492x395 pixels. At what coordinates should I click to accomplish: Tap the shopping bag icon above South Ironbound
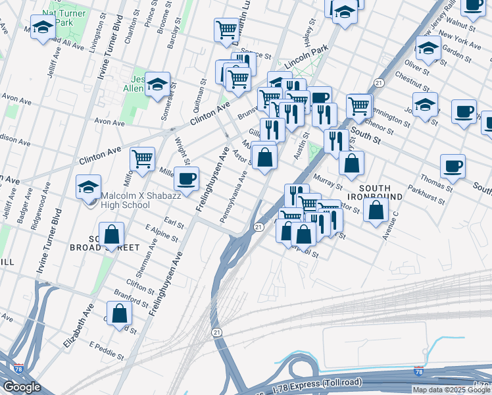[x=352, y=164]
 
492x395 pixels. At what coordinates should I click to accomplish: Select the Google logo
[x=22, y=387]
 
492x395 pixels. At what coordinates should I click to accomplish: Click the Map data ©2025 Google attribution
[x=452, y=390]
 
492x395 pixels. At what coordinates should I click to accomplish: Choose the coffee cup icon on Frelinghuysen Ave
[x=187, y=178]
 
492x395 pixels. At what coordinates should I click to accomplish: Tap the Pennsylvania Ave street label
[x=234, y=196]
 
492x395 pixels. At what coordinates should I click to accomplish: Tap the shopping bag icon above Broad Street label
[x=112, y=234]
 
